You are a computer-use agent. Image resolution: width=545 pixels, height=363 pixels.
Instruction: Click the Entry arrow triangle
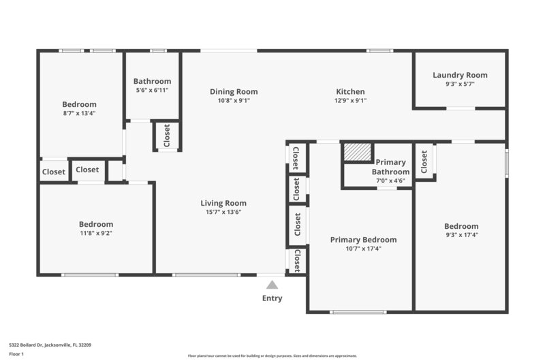click(272, 285)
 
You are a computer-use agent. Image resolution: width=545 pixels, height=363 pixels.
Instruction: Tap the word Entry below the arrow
click(272, 298)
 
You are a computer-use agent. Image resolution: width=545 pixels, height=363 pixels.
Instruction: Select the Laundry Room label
click(460, 75)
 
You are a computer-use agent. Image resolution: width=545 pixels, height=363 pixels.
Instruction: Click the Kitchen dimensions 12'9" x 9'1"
click(350, 101)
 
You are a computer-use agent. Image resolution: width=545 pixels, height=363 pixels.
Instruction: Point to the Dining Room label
click(234, 91)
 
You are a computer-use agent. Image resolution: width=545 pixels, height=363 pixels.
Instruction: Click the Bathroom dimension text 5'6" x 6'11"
click(152, 89)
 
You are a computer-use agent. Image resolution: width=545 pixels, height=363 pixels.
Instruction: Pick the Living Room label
click(223, 203)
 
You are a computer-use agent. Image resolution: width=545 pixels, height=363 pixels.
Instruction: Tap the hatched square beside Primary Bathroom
click(356, 152)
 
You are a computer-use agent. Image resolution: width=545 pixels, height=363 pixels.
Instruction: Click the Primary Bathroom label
click(391, 167)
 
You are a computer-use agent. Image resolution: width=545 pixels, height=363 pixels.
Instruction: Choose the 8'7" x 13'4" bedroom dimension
click(79, 113)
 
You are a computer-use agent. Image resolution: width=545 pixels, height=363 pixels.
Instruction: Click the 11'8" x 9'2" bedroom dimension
click(95, 233)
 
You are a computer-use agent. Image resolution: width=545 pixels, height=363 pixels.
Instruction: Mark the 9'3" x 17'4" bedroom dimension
click(461, 235)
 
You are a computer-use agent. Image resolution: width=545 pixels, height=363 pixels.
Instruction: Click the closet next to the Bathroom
click(167, 136)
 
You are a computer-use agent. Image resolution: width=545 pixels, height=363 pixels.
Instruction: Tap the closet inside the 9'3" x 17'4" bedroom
click(424, 161)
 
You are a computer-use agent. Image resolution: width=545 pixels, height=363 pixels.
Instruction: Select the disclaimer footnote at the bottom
click(272, 356)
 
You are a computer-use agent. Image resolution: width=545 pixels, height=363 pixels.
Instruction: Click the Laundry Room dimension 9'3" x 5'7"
click(460, 84)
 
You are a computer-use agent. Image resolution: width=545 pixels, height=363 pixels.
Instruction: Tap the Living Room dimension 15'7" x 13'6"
click(223, 212)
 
